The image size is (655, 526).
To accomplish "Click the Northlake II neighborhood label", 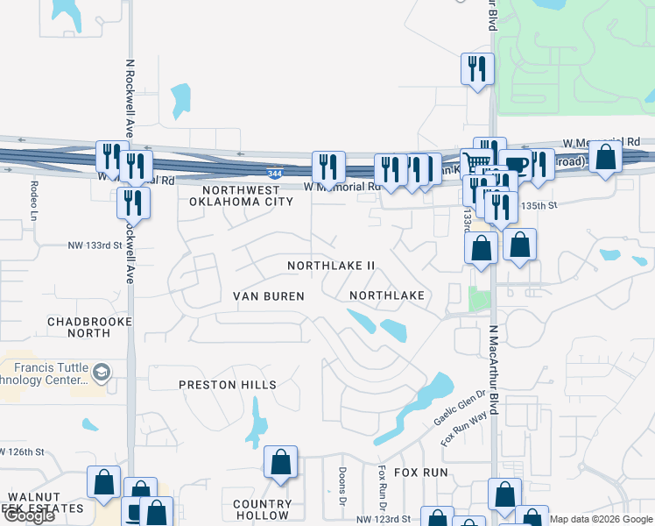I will pyautogui.click(x=332, y=265).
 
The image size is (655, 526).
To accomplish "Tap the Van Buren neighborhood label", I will pyautogui.click(x=268, y=296).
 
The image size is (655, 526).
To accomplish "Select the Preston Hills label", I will pyautogui.click(x=228, y=385).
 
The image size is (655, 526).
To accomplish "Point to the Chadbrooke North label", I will pyautogui.click(x=89, y=327).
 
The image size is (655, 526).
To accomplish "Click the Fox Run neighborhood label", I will pyautogui.click(x=420, y=473).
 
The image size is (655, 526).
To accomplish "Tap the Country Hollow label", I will pyautogui.click(x=263, y=509).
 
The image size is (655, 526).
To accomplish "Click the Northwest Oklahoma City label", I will pyautogui.click(x=241, y=195).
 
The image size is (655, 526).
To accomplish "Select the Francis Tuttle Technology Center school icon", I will pyautogui.click(x=102, y=373).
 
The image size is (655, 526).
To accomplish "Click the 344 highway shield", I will pyautogui.click(x=275, y=174).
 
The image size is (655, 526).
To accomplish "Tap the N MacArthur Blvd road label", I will pyautogui.click(x=493, y=351).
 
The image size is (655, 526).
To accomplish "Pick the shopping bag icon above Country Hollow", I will pyautogui.click(x=280, y=462).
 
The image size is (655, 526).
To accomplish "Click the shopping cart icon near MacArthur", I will pyautogui.click(x=476, y=163).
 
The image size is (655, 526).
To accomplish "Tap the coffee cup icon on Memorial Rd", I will pyautogui.click(x=515, y=164).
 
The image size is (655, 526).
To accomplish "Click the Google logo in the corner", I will pyautogui.click(x=29, y=515).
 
